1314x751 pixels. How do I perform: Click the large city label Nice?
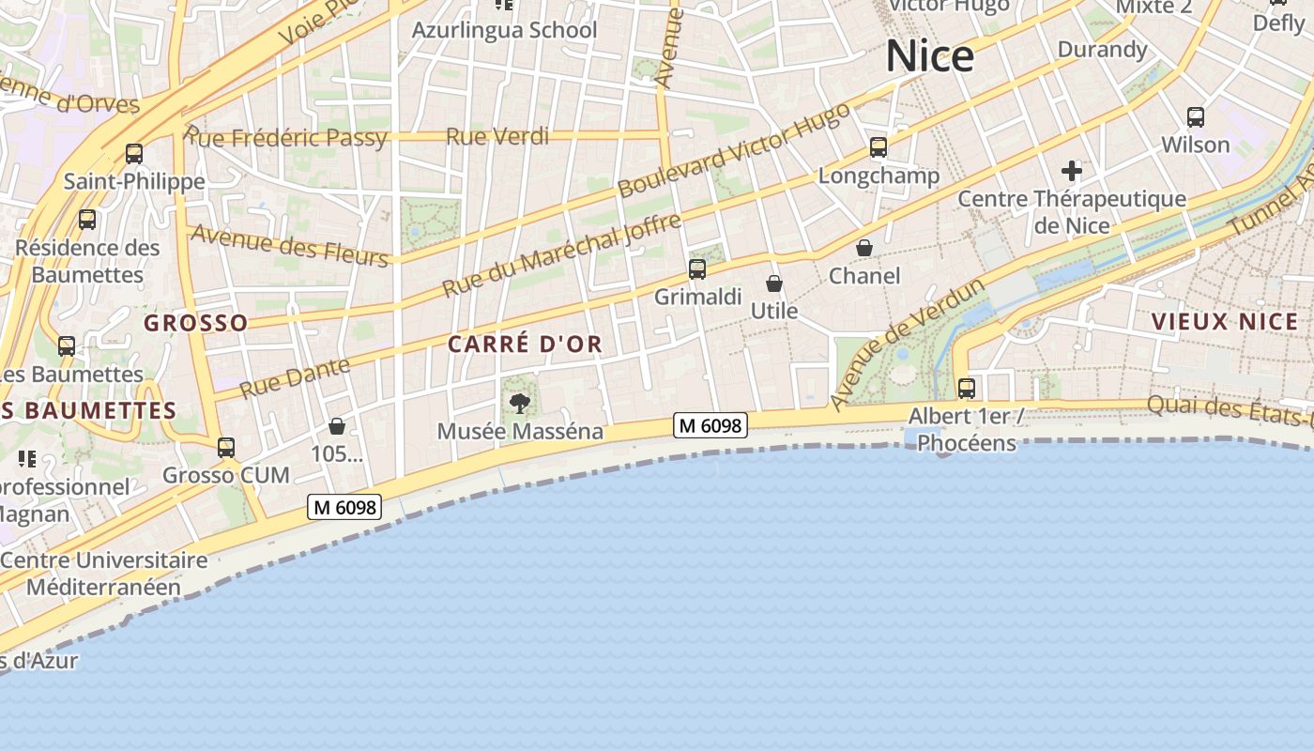pos(929,56)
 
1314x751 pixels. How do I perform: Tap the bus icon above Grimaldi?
pos(697,269)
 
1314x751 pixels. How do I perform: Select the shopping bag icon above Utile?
pos(774,284)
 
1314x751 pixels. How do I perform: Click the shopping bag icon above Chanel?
pos(863,248)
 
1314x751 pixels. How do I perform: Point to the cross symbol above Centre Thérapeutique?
pos(1072,171)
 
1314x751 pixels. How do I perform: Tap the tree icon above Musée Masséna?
pos(519,404)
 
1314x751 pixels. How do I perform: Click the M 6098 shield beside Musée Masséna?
pos(710,425)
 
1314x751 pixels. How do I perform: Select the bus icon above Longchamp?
pos(879,147)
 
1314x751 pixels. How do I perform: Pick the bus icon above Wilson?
pos(1196,117)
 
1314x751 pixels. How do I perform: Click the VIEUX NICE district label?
pos(1225,322)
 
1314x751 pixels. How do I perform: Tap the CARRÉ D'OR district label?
pos(525,345)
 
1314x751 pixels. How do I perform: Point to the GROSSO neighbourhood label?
pos(196,323)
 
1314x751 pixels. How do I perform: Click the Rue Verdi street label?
pos(497,136)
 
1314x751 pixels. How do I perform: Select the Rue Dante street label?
pos(295,377)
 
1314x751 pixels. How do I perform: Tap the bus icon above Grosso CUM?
pos(226,448)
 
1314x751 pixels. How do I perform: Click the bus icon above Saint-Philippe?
pos(134,154)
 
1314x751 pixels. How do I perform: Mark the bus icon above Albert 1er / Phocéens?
pos(967,388)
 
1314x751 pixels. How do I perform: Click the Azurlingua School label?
pos(504,30)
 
